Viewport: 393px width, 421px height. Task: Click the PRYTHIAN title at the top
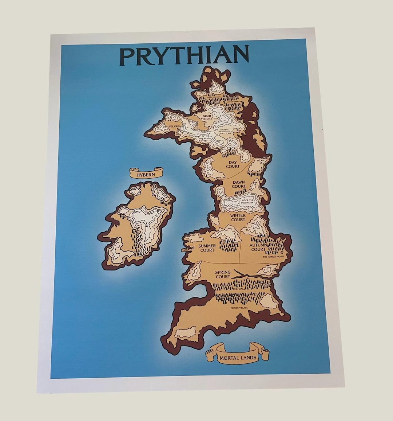point(184,56)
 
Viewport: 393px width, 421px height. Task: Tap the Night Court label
point(207,117)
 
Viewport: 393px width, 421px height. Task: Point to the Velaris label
point(174,126)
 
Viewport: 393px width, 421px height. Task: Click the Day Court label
point(233,164)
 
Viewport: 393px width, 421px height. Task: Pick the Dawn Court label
point(239,184)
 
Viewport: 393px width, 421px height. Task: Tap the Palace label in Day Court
point(261,160)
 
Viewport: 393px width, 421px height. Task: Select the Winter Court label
point(238,217)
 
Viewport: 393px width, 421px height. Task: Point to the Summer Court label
point(207,248)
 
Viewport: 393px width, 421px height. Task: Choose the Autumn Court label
point(258,247)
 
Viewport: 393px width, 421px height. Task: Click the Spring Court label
point(223,274)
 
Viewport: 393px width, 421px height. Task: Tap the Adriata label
point(186,250)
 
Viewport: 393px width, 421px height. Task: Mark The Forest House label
point(274,257)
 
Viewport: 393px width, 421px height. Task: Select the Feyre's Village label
point(239,308)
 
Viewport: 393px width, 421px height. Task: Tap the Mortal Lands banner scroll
point(238,356)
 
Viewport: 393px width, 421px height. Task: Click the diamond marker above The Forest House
point(282,252)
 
